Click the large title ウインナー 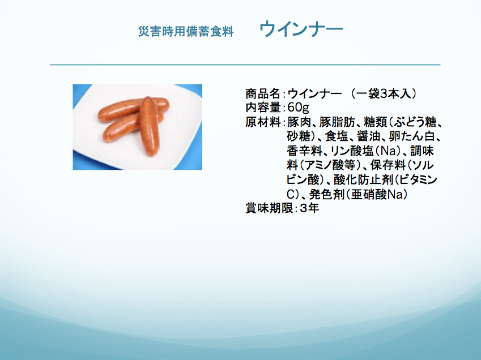click(301, 29)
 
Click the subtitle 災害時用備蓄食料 click(186, 31)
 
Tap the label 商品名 click(263, 93)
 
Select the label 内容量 click(263, 108)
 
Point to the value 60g click(298, 108)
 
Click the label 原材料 click(263, 122)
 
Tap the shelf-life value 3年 click(309, 208)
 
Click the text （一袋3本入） click(384, 93)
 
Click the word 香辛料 click(304, 151)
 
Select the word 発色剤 click(326, 194)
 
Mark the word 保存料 click(388, 165)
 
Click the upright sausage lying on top click(150, 126)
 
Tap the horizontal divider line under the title click(245, 65)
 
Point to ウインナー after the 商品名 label click(314, 93)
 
